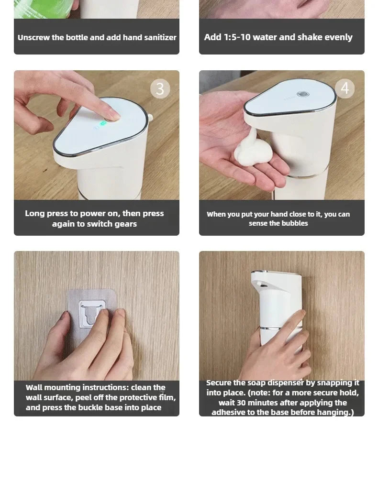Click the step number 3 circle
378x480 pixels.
(x=160, y=89)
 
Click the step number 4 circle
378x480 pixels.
(x=345, y=88)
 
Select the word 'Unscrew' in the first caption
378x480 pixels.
(x=33, y=37)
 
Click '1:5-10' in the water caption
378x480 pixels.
(x=237, y=37)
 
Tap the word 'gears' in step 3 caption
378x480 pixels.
(x=124, y=224)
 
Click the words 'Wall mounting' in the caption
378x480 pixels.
(x=53, y=387)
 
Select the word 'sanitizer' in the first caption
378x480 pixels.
(x=158, y=37)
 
